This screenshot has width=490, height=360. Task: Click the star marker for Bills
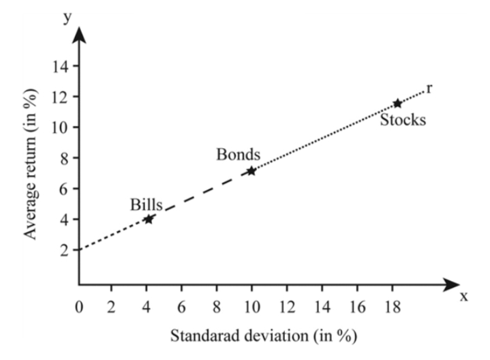tap(149, 219)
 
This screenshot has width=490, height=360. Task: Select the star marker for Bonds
tap(251, 170)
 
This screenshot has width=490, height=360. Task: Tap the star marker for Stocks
tap(397, 104)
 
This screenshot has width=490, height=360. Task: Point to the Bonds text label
tap(239, 154)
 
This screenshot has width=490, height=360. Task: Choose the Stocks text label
tap(403, 121)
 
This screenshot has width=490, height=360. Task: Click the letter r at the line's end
tap(429, 88)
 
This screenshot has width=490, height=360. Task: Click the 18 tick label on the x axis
tap(392, 306)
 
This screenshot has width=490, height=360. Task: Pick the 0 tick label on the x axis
tap(79, 306)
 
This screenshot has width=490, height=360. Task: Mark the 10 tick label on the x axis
tap(251, 306)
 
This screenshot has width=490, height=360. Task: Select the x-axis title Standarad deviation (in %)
tap(263, 335)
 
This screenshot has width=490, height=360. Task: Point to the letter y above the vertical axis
tap(66, 16)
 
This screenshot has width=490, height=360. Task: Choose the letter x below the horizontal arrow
tap(464, 297)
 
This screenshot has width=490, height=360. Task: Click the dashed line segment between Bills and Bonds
tap(200, 195)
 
